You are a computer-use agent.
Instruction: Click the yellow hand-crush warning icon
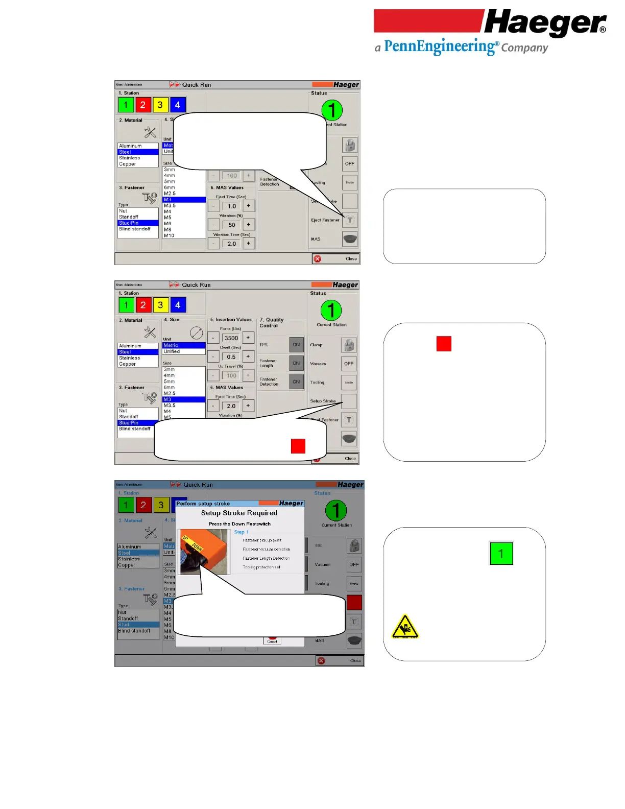(404, 627)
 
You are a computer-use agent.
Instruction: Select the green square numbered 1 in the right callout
(501, 554)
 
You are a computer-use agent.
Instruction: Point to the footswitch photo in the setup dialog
(203, 552)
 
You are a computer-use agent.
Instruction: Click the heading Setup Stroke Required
(239, 513)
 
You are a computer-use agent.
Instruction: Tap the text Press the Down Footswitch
(239, 524)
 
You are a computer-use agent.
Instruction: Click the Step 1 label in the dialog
(241, 532)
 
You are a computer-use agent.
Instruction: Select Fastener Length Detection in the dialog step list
(266, 558)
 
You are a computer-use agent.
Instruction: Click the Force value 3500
(231, 338)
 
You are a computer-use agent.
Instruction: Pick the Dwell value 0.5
(231, 357)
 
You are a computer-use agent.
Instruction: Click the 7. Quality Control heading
(271, 322)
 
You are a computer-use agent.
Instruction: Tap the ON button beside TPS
(296, 345)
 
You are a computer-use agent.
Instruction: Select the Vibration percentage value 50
(232, 225)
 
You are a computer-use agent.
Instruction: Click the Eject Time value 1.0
(232, 206)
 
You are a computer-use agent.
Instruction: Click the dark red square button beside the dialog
(354, 603)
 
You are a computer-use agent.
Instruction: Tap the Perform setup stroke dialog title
(203, 504)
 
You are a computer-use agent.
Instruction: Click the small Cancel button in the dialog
(272, 640)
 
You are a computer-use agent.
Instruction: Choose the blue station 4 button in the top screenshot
(178, 105)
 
